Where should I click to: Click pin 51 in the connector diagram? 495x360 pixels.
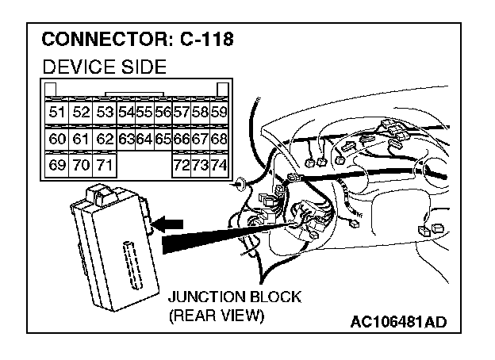57,113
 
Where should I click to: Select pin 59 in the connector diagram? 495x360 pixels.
220,113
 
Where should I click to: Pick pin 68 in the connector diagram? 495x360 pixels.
220,140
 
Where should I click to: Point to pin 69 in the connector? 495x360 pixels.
57,167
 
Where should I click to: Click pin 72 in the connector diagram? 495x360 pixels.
182,167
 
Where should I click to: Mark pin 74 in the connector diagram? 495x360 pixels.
220,167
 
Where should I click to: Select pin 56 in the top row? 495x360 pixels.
163,113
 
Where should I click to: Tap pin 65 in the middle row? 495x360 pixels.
163,140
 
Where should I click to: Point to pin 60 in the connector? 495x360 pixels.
57,140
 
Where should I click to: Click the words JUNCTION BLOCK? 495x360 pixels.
234,297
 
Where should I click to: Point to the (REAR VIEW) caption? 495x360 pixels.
215,315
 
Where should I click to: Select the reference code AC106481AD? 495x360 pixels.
398,322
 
